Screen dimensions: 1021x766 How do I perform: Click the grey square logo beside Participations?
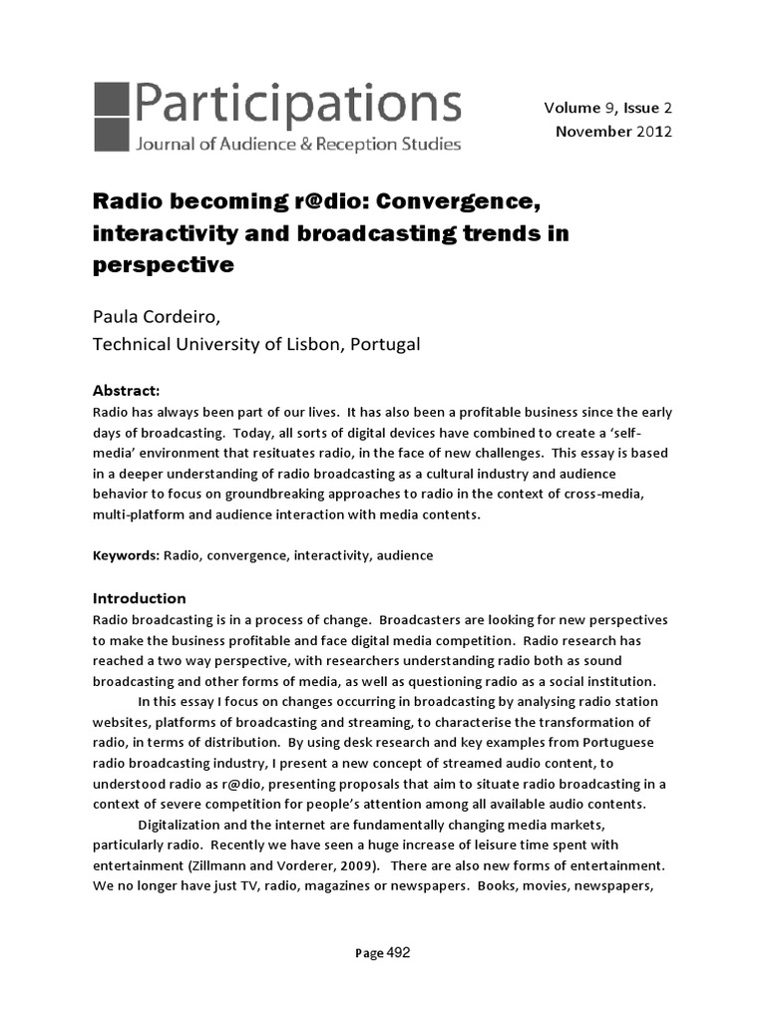tap(111, 118)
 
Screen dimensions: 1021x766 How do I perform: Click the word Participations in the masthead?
tap(296, 104)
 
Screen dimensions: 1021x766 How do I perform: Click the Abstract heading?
tap(126, 390)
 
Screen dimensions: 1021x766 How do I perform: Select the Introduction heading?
tap(139, 598)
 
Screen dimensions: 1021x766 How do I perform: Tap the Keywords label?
tap(125, 555)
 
